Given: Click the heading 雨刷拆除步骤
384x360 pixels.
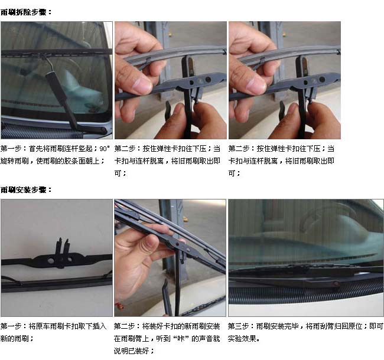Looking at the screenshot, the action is [x=24, y=12].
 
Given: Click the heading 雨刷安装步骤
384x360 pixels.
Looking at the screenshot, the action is [x=24, y=189].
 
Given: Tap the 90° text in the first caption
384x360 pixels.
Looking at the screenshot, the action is [x=105, y=149].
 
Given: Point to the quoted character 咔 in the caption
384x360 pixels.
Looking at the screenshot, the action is [x=181, y=339].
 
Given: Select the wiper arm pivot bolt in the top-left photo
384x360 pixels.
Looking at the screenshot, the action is [x=103, y=129].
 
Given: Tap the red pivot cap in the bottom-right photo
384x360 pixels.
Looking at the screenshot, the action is [x=336, y=284].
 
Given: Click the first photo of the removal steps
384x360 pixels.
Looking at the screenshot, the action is [x=57, y=80].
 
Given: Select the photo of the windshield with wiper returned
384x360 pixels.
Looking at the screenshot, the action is [x=306, y=258].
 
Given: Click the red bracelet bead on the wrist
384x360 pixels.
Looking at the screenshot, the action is [x=119, y=306].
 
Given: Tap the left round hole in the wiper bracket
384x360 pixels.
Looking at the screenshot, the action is [x=51, y=260].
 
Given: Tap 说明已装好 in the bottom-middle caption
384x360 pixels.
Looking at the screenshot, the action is [x=131, y=351].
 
